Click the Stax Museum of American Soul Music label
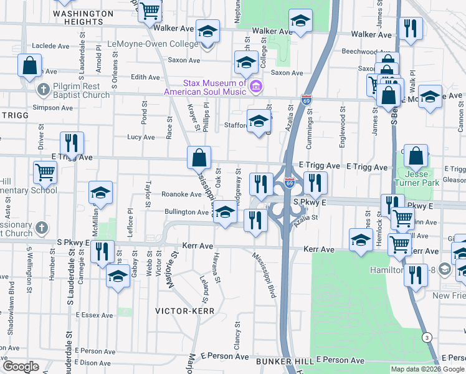(x=206, y=87)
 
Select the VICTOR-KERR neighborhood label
(x=184, y=310)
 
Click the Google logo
(x=21, y=367)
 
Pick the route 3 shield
(x=426, y=337)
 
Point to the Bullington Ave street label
(x=186, y=212)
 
